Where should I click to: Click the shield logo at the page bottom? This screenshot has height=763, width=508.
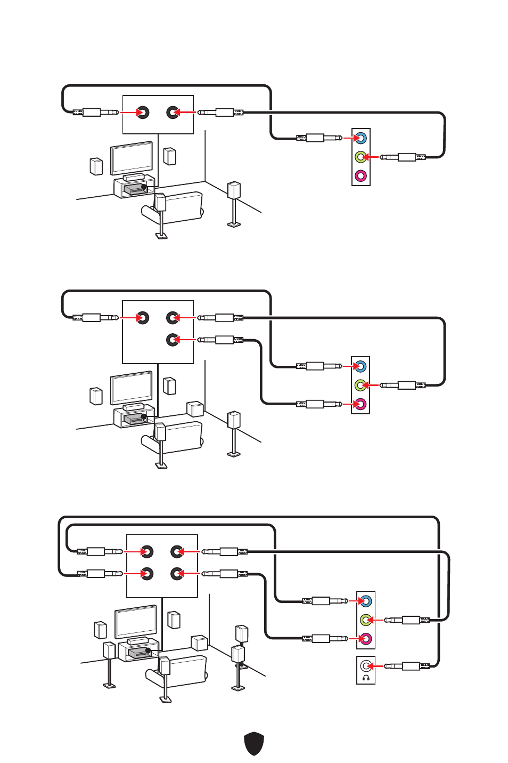point(254,743)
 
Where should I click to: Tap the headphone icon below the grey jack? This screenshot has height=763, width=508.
point(365,678)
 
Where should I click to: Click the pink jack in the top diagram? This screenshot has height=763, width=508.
point(360,175)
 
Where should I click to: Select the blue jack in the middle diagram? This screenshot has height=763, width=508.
point(360,366)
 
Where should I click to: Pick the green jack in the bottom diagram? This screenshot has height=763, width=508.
point(365,620)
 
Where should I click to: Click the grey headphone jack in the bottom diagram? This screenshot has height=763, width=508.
point(365,665)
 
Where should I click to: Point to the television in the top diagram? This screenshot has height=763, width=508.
point(132,157)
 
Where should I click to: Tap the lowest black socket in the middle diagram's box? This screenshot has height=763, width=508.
point(172,339)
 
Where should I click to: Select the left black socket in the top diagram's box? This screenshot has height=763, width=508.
point(142,113)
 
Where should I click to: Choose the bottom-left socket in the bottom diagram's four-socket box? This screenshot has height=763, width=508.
point(147,574)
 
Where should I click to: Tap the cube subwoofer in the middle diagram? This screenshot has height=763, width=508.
point(195,409)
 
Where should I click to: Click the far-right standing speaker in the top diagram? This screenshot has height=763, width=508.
point(234,191)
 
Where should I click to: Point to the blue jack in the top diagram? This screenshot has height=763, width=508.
point(360,138)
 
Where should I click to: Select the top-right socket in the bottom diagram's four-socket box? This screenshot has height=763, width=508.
point(176,552)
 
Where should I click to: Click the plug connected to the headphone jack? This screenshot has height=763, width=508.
point(408,666)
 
